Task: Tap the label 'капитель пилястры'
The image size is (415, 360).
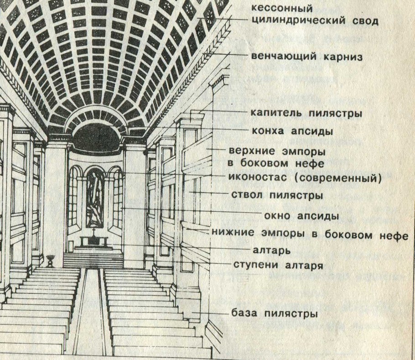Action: tap(306, 112)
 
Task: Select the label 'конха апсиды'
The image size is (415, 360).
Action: tap(291, 130)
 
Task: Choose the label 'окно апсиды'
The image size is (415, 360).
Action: tap(301, 215)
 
